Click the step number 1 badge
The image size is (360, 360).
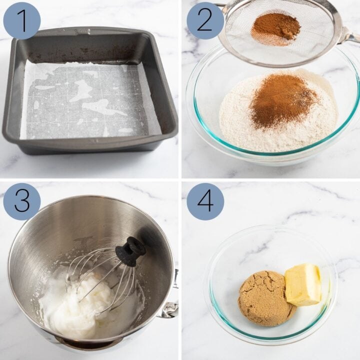(x=22, y=20)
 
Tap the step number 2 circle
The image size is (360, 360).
(x=205, y=20)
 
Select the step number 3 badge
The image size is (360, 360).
(x=22, y=201)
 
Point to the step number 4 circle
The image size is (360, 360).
(x=205, y=201)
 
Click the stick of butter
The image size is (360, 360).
(x=302, y=284)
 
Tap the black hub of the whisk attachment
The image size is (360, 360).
(x=130, y=251)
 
